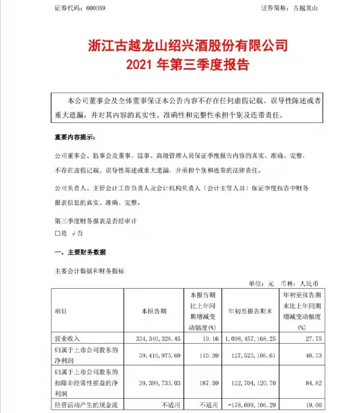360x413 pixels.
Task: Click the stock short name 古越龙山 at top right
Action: (x=306, y=8)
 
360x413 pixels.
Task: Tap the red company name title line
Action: (x=188, y=45)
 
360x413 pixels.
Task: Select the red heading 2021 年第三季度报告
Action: (x=188, y=64)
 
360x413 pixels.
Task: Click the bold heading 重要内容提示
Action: (x=75, y=137)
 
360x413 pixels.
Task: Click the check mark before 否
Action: (x=74, y=234)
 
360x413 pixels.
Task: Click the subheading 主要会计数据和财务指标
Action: (x=89, y=271)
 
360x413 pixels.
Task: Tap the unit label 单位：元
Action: (x=262, y=284)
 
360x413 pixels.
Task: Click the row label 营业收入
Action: (x=67, y=339)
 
